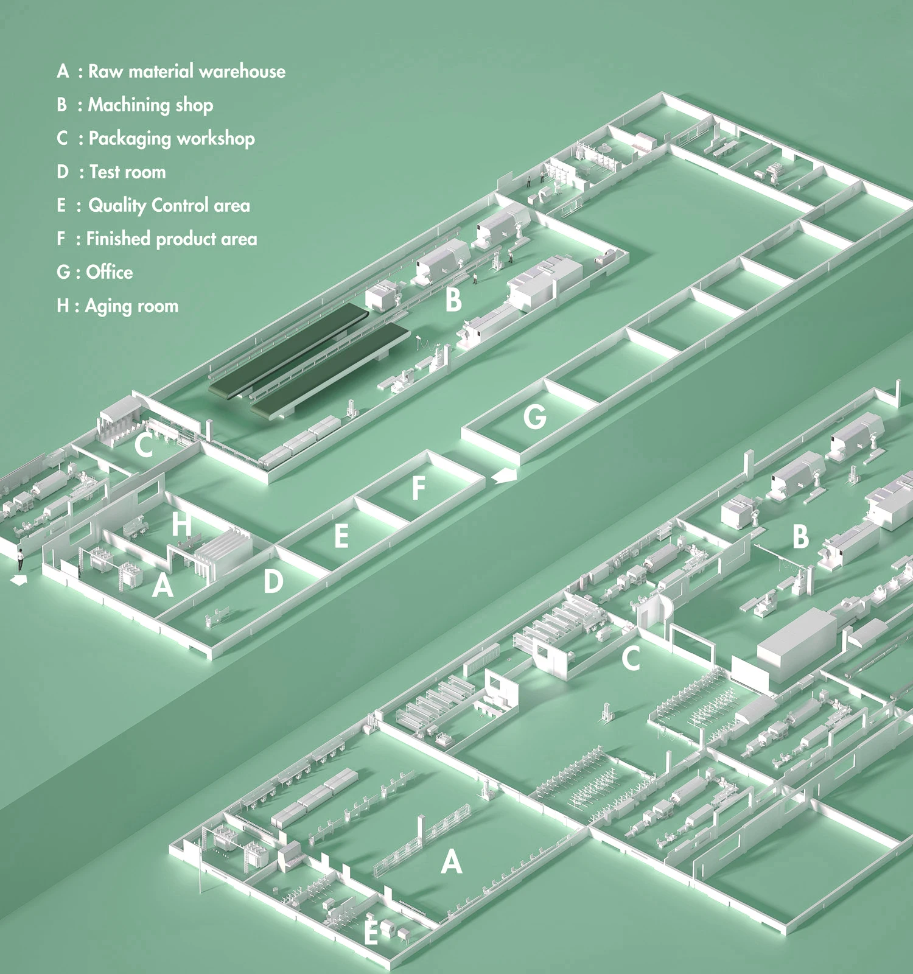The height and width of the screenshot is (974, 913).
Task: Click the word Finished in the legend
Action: click(118, 239)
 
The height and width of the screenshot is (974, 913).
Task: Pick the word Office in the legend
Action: click(110, 272)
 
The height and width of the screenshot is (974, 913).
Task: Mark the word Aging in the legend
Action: click(108, 306)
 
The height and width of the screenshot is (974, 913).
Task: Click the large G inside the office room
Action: click(534, 417)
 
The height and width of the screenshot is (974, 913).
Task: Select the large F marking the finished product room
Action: click(418, 488)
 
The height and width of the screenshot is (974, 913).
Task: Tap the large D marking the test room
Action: click(273, 582)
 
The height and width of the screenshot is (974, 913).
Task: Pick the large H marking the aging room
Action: click(181, 524)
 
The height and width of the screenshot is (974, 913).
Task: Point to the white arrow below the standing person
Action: click(19, 581)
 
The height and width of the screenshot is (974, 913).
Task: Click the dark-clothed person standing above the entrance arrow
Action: click(20, 559)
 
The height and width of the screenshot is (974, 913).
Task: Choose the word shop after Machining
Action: click(194, 105)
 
